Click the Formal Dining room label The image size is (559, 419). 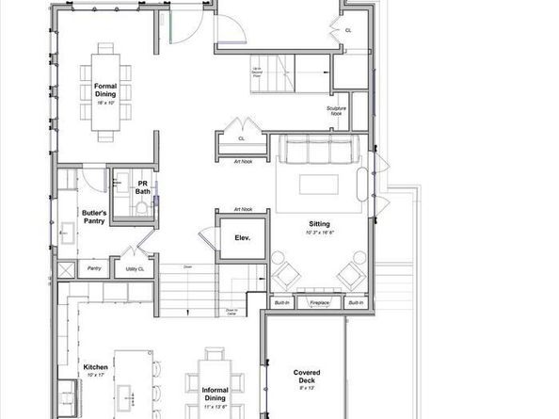[x=104, y=89]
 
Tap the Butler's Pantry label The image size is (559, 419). [x=94, y=218]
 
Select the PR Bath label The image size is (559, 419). [x=143, y=187]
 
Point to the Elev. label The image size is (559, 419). [x=242, y=238]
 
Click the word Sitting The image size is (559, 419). [x=320, y=223]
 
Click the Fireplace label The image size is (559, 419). [x=321, y=302]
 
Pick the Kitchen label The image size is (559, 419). [x=96, y=366]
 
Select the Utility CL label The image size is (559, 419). [x=134, y=268]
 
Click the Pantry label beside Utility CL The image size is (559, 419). [x=94, y=268]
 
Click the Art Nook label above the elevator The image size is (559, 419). [x=243, y=209]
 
